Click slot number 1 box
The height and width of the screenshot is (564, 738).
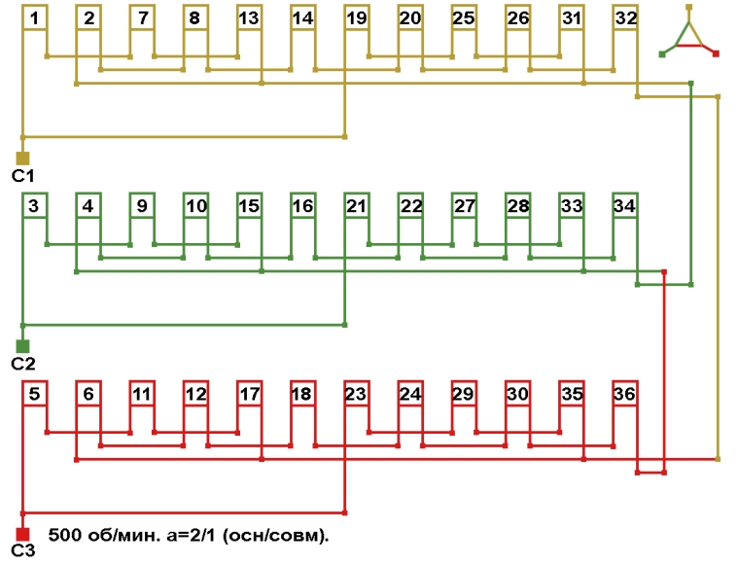point(35,18)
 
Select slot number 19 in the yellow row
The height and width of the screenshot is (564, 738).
point(357,18)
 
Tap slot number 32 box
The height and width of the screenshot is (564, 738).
point(625,18)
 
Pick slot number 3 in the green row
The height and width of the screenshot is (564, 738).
point(35,205)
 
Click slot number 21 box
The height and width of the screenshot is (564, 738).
point(357,205)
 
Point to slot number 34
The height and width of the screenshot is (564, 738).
point(625,205)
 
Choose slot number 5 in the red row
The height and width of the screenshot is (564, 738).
point(35,394)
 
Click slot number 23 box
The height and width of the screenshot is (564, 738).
point(357,394)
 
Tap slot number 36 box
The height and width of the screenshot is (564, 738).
point(625,394)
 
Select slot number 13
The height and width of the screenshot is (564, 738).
point(249,18)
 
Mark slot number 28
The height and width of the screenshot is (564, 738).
point(517,205)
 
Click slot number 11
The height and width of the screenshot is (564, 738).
point(142,394)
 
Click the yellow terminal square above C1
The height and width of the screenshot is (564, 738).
point(22,158)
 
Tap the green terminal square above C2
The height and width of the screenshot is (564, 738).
point(22,345)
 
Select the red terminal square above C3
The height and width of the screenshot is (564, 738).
point(22,534)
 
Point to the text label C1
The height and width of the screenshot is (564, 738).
point(22,176)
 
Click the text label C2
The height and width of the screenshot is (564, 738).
point(22,364)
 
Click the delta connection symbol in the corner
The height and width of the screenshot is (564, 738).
point(688,35)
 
